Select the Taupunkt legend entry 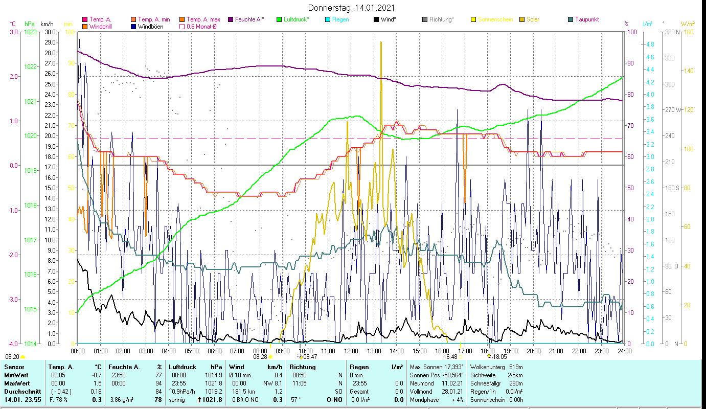(586, 19)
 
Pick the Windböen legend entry (150, 26)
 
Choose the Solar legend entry (533, 19)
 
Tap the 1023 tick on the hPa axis (30, 32)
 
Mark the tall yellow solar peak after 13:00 (381, 43)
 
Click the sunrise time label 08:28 (260, 357)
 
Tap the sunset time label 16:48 (450, 357)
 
